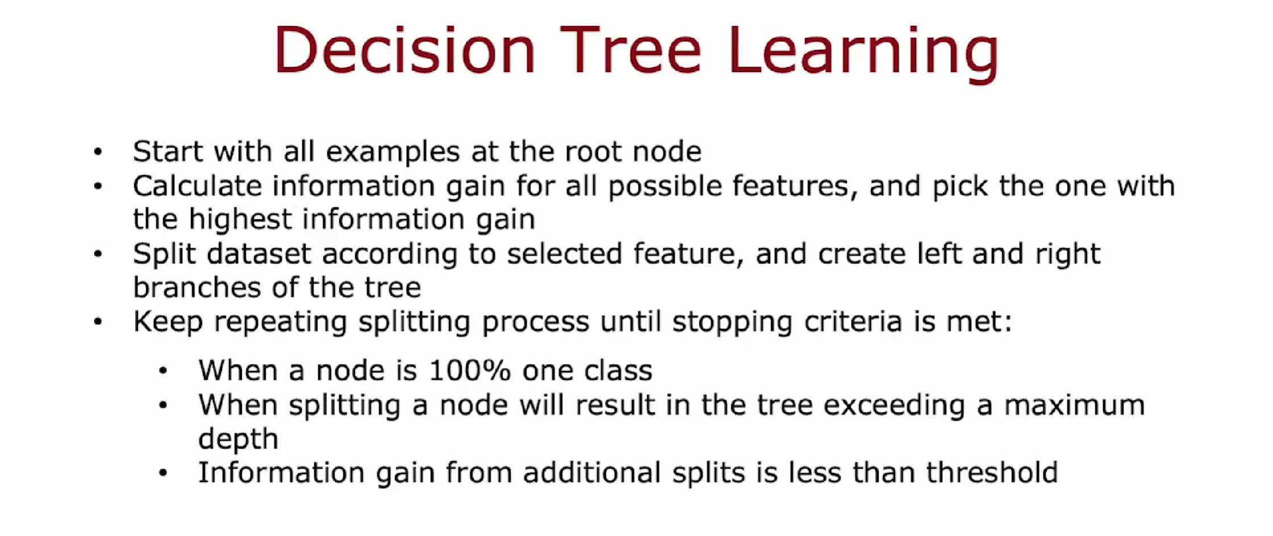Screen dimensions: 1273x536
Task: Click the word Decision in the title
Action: coord(405,50)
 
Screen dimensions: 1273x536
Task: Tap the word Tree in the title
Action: coord(634,50)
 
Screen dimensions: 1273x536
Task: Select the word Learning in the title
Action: coord(864,55)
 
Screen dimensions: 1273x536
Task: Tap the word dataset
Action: coord(259,254)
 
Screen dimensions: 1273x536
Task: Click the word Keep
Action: coord(168,322)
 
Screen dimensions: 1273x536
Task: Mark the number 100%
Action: coord(470,371)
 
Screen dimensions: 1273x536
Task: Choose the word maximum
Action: coord(1074,405)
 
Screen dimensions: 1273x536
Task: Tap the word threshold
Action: coord(992,472)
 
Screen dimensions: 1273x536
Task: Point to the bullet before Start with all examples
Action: coord(98,152)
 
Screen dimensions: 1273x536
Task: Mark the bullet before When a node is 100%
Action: coord(163,371)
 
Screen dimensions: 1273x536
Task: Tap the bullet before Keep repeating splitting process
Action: coord(98,322)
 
